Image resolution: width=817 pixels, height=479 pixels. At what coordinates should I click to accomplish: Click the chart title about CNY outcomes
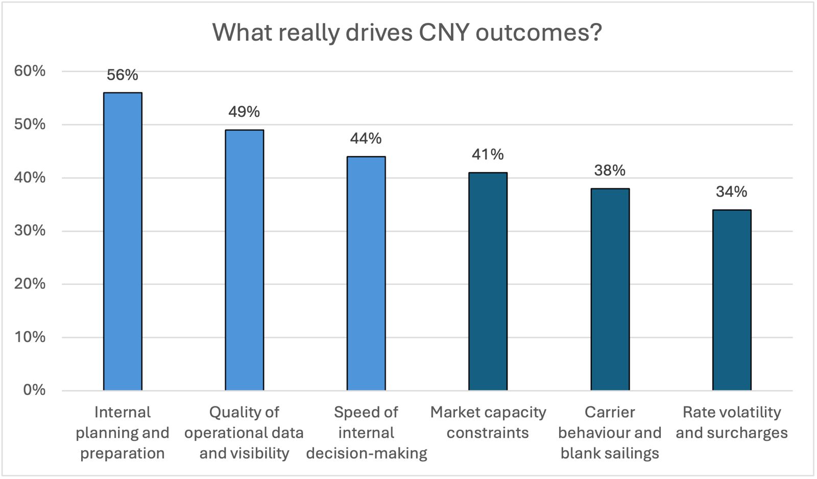pos(407,33)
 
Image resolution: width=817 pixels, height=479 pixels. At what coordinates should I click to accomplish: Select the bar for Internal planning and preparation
pos(123,242)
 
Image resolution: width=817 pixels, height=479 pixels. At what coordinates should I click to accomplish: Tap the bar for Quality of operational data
pos(245,260)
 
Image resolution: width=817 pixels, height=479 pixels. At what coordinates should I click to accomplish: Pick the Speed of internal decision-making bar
pos(366,273)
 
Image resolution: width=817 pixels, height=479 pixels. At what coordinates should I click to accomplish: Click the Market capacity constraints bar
pos(488,281)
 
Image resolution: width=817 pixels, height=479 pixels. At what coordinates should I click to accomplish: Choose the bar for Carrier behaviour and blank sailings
pos(610,290)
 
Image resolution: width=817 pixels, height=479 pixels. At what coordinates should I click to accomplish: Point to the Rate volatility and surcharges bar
pos(732,300)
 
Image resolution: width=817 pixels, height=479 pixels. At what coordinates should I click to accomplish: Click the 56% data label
pos(123,75)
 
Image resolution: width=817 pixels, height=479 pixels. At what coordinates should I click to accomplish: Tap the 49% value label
pos(244,112)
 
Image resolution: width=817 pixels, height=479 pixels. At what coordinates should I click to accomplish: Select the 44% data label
pos(366,138)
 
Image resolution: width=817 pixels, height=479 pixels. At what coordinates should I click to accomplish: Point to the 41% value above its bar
pos(488,154)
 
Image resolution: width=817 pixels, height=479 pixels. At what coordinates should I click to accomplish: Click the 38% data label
pos(610,170)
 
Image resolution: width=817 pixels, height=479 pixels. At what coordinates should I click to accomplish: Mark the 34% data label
pos(732,191)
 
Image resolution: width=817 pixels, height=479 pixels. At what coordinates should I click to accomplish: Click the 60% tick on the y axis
pos(30,71)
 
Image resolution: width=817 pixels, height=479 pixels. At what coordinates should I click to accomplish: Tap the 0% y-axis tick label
pos(34,390)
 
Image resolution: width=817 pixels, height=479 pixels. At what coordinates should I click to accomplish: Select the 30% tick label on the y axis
pos(30,231)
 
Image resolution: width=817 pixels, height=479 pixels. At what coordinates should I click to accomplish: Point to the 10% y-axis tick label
pos(30,337)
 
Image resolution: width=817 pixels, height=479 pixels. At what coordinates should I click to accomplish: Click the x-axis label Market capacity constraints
pos(488,422)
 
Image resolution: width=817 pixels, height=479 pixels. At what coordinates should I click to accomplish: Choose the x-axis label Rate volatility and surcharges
pos(732,422)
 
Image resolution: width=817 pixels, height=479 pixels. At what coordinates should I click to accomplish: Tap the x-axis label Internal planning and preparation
pos(123,433)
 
